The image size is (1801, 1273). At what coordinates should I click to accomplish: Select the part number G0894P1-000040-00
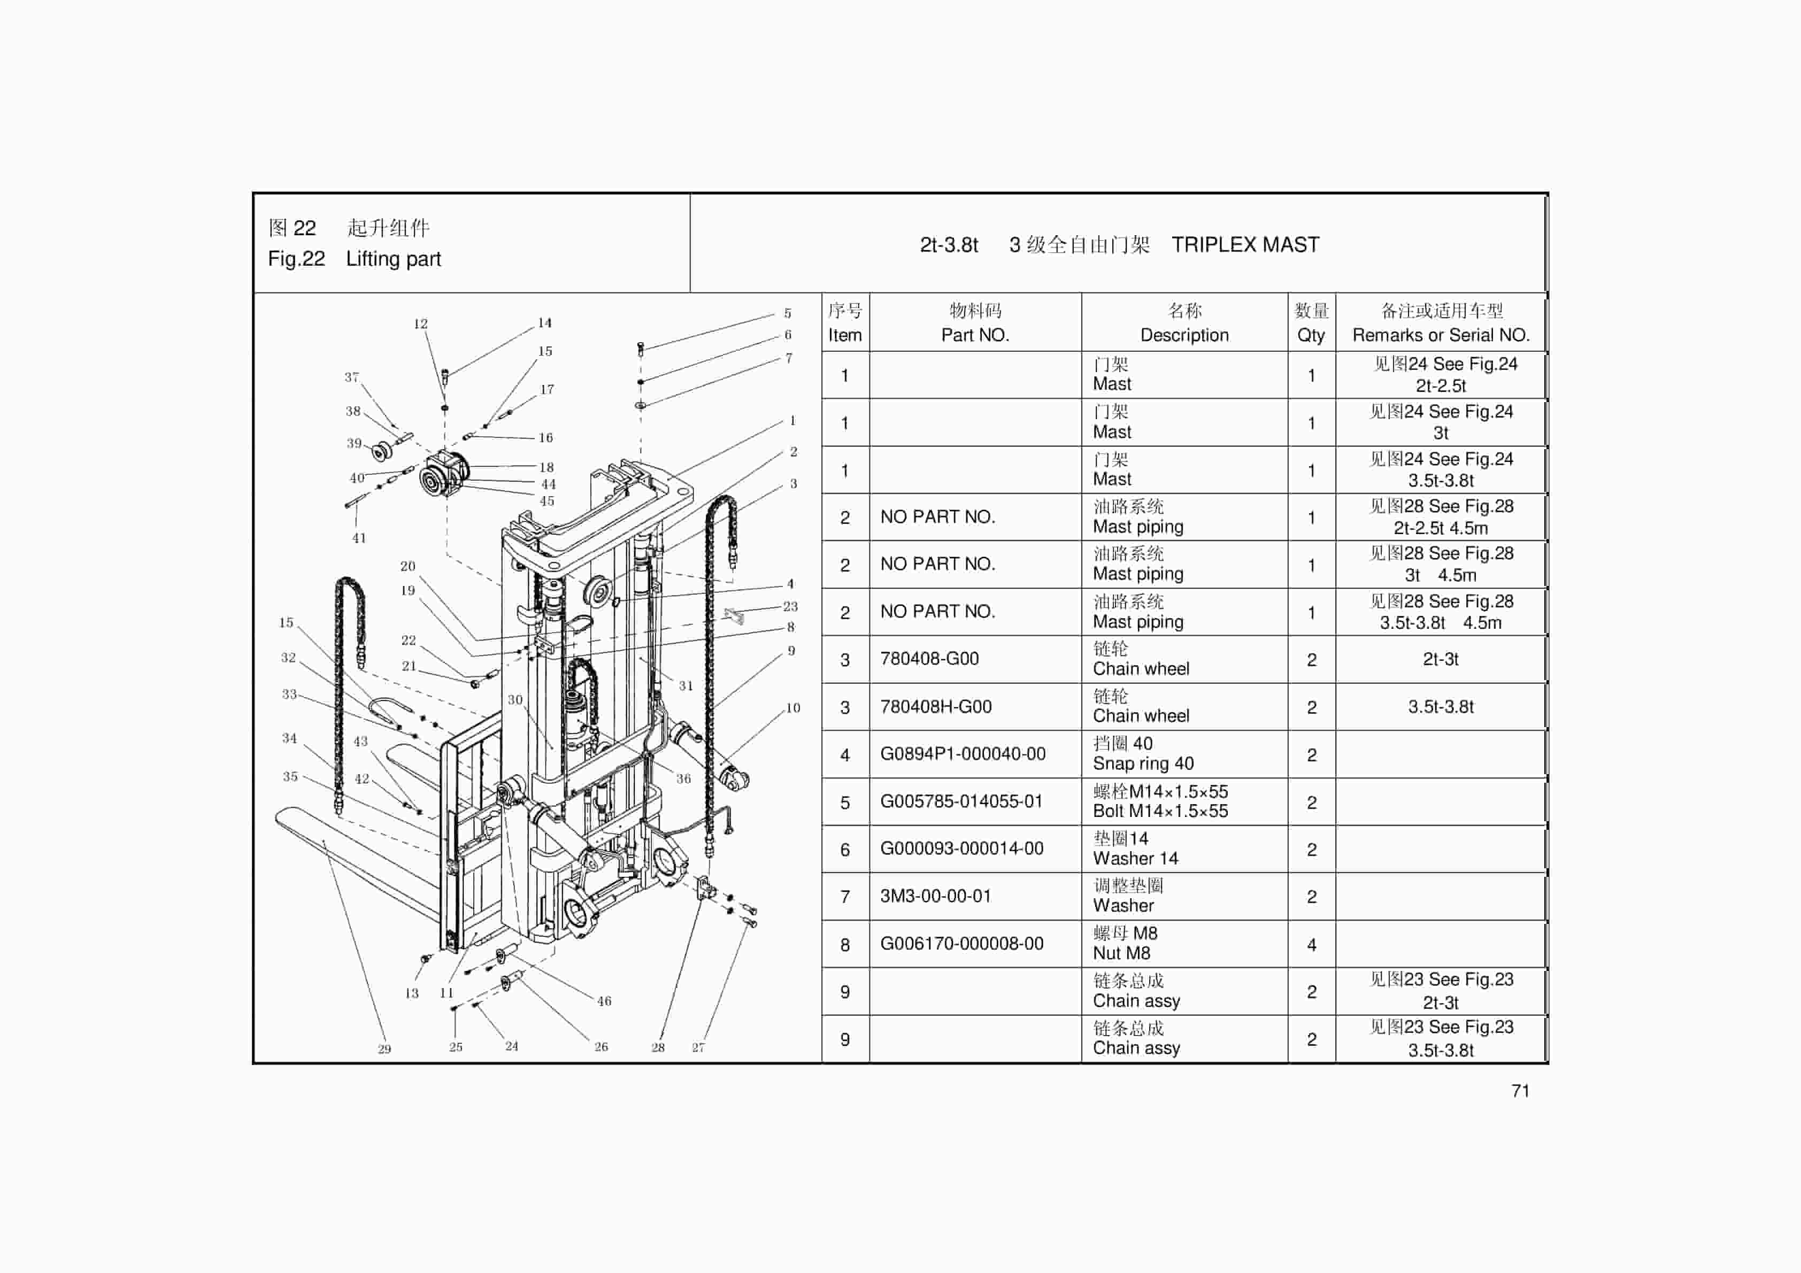963,754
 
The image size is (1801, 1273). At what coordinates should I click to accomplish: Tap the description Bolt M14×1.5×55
1160,811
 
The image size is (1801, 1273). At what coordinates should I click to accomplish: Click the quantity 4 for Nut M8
1311,944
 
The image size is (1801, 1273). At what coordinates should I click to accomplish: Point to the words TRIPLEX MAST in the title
1245,245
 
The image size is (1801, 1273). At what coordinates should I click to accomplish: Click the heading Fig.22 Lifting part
354,259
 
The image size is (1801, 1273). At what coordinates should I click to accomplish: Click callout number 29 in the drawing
384,1048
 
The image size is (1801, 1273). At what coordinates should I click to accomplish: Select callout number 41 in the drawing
358,538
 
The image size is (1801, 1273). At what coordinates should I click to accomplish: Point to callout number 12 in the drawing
420,324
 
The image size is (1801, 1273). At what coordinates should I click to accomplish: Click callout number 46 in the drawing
604,1001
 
